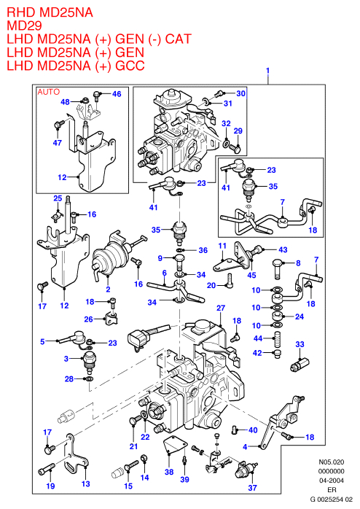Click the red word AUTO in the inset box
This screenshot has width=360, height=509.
pos(49,92)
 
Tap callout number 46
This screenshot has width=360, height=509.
pos(117,94)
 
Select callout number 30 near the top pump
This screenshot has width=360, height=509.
pos(241,93)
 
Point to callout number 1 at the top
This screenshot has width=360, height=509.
pos(268,71)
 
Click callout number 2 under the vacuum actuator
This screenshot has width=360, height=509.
pos(108,289)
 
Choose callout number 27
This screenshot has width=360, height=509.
pos(221,308)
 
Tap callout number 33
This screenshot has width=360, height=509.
pos(300,344)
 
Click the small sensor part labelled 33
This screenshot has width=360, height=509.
pos(300,364)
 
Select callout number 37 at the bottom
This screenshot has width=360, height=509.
pos(253,487)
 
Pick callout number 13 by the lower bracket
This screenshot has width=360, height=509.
pos(85,483)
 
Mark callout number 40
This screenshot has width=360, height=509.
pos(253,430)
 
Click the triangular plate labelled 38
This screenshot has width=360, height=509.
pos(174,445)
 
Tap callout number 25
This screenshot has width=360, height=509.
pos(58,198)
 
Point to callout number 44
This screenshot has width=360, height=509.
pos(258,338)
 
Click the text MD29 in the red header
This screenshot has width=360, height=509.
pos(24,26)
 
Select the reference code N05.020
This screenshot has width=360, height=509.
pos(331,462)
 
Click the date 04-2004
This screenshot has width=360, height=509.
pos(331,481)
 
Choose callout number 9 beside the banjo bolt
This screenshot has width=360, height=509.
pos(160,258)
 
